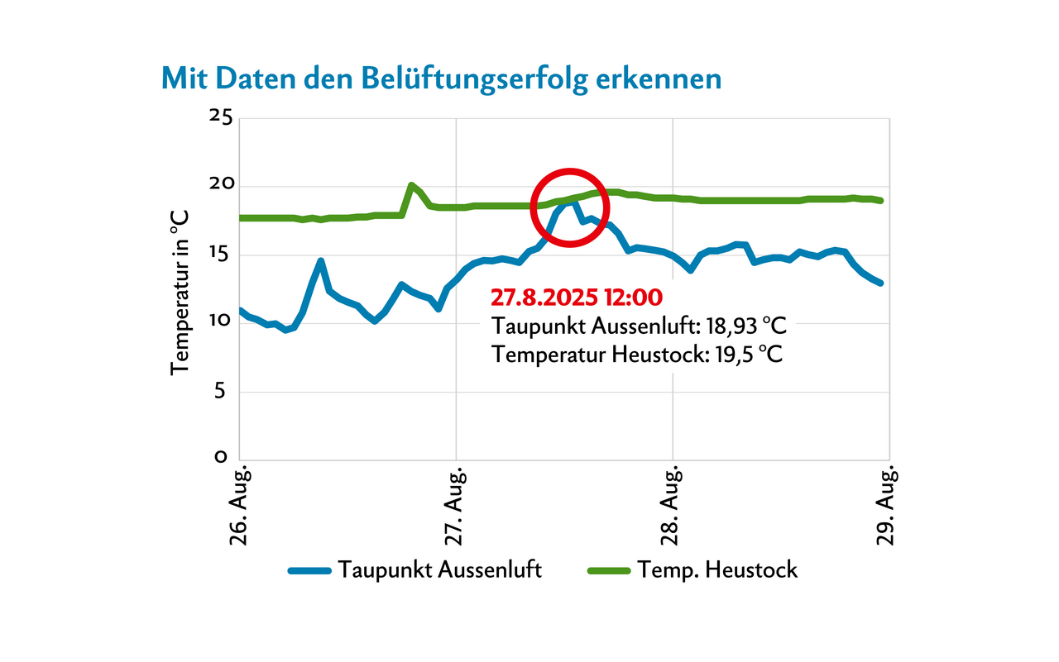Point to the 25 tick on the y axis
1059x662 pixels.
[x=219, y=117]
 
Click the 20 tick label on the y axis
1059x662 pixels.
[x=219, y=185]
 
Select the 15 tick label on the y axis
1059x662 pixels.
[x=219, y=254]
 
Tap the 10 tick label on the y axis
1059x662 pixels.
[x=219, y=322]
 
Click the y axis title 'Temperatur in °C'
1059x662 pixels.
[x=180, y=292]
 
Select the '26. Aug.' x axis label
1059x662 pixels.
[x=240, y=505]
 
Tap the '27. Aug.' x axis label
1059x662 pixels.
[x=457, y=505]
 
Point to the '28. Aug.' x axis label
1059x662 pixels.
[x=673, y=505]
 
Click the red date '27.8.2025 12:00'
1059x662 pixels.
[x=577, y=297]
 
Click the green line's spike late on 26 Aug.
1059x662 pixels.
[x=411, y=185]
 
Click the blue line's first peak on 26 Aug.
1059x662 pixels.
[x=320, y=261]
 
